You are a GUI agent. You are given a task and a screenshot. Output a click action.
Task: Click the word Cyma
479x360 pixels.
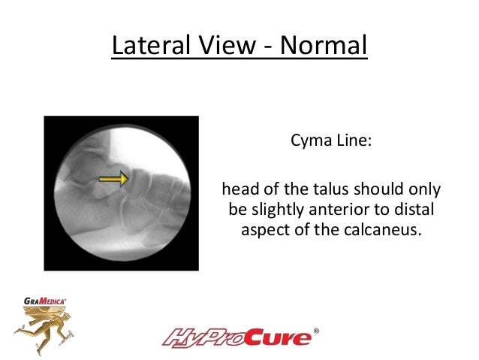click(308, 141)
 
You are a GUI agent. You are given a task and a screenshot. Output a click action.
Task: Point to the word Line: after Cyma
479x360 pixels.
click(350, 141)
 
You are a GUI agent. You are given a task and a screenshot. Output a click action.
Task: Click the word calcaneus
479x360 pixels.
click(381, 229)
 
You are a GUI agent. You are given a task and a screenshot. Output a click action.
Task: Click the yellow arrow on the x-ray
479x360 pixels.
click(113, 179)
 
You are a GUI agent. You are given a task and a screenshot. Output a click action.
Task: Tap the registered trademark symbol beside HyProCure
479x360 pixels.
click(315, 331)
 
